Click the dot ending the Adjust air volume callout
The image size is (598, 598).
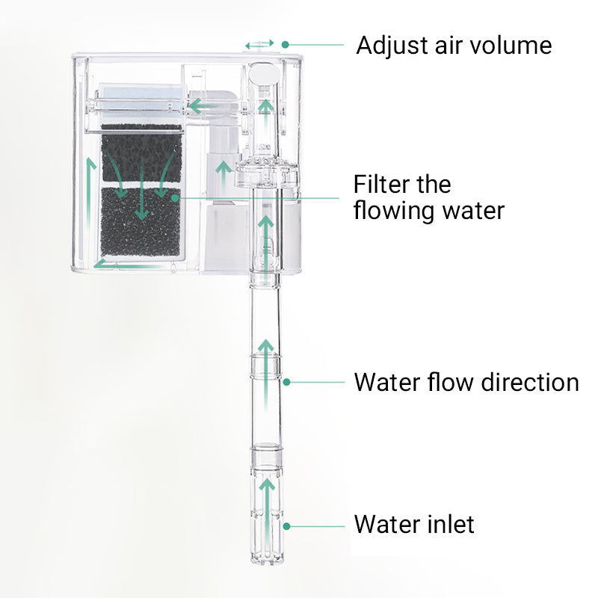tap(285, 46)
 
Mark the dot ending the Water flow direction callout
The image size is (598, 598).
tap(286, 382)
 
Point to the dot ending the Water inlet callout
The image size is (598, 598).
tap(286, 526)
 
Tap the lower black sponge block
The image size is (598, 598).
tap(141, 223)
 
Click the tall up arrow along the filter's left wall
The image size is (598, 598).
tap(90, 202)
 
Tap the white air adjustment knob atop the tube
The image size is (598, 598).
tap(263, 74)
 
